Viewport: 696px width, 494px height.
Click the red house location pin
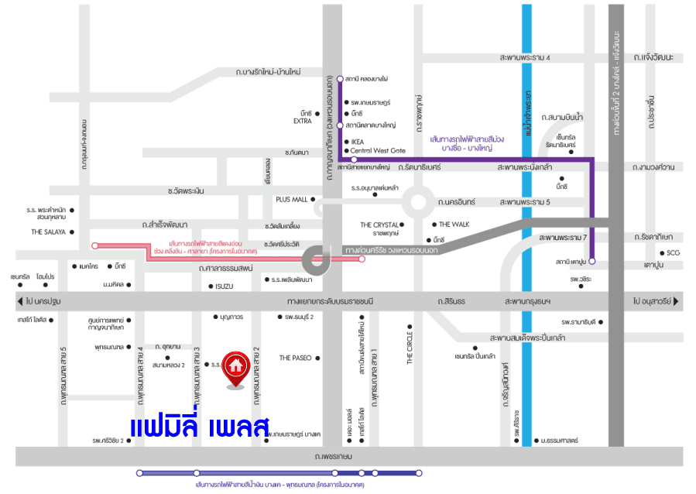click(236, 366)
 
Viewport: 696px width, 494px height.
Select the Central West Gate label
click(378, 151)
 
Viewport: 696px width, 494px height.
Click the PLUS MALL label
click(292, 199)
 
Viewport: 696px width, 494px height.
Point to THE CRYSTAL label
click(379, 225)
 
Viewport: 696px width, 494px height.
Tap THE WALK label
click(454, 224)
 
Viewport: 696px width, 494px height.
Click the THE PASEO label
click(295, 358)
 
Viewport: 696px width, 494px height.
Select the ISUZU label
click(224, 286)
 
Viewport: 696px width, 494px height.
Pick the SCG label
click(674, 252)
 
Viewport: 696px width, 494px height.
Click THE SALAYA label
click(47, 232)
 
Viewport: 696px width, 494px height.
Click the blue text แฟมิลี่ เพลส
click(199, 427)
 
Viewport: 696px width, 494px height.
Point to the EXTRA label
click(302, 121)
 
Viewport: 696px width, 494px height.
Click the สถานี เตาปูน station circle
click(591, 261)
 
